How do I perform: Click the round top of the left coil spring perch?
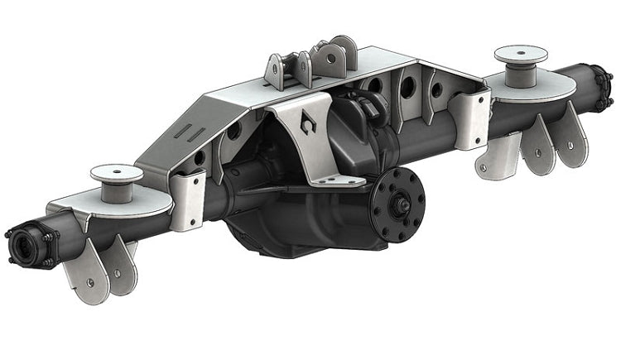click(115, 173)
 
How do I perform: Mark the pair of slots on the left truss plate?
click(187, 132)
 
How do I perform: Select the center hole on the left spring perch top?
click(116, 171)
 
